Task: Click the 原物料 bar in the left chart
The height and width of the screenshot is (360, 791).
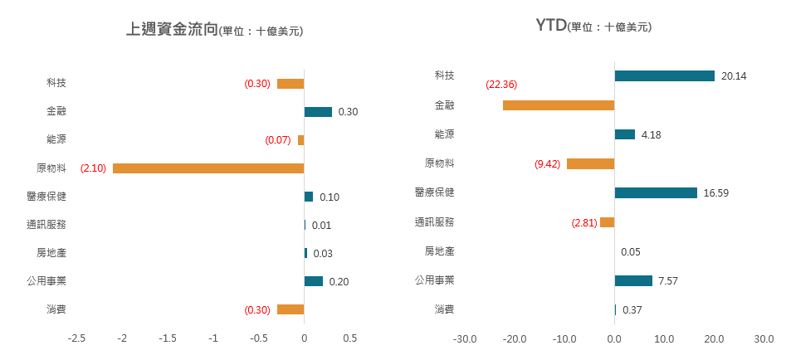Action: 208,168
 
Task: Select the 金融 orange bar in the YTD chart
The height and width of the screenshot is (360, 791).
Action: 558,105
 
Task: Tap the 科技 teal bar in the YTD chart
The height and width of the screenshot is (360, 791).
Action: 664,75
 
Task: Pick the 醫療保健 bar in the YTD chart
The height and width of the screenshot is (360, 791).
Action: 656,192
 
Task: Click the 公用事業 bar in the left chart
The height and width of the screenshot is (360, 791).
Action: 313,281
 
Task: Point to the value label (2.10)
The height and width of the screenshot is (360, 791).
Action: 93,168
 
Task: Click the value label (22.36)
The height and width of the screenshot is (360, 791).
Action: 501,84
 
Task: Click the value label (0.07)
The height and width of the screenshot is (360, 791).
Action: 278,140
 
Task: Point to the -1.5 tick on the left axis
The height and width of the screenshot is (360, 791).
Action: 168,338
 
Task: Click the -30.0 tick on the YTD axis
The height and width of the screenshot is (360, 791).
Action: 464,338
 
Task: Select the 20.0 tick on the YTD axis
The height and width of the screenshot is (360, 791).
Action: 714,338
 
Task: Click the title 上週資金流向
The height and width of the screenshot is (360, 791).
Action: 171,30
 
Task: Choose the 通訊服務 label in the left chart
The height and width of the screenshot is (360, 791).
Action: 46,225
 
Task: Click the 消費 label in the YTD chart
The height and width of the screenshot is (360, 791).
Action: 444,310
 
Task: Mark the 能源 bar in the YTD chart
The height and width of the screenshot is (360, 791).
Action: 624,134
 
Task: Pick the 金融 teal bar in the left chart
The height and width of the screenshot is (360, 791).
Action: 318,112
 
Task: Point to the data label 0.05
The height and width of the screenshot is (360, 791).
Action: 630,252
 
